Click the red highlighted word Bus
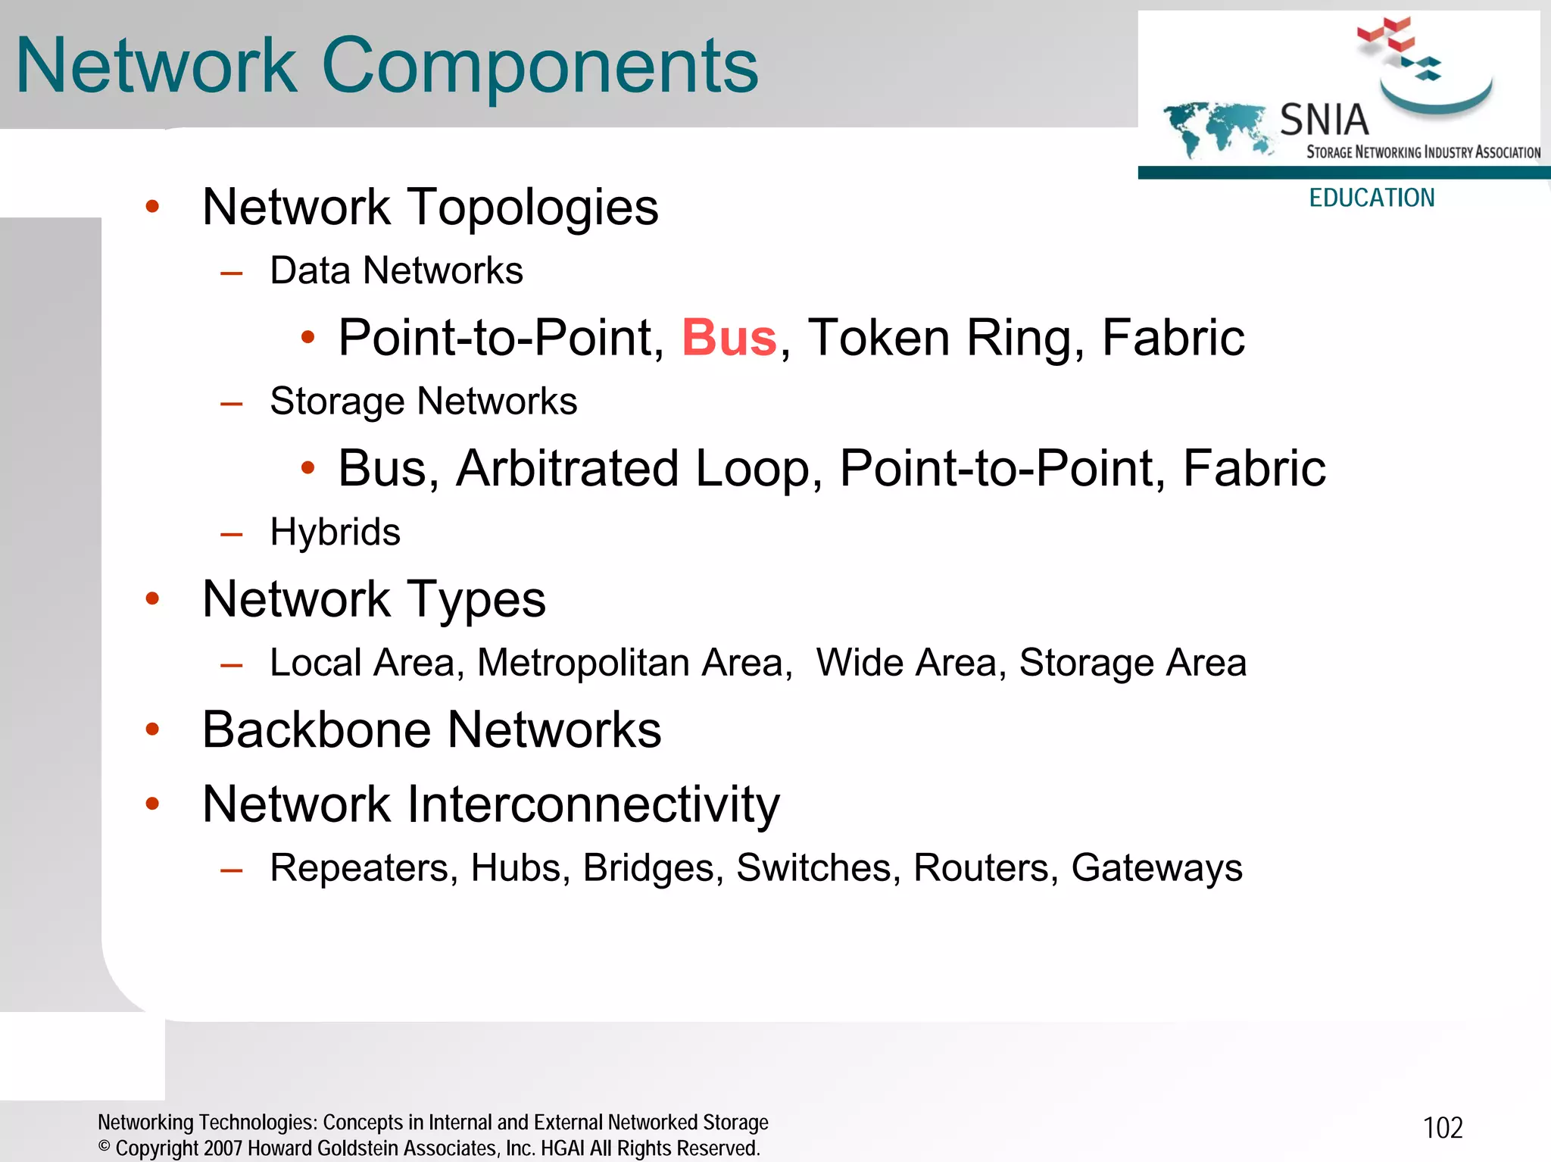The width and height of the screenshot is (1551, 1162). (x=729, y=338)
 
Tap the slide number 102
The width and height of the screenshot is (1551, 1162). (x=1443, y=1128)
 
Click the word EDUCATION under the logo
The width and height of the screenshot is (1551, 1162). (x=1372, y=198)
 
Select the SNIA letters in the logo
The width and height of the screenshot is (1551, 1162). (x=1324, y=120)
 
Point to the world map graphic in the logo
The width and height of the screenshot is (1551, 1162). (x=1216, y=127)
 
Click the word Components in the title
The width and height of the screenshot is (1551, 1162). (x=539, y=67)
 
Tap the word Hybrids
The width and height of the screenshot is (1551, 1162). (x=335, y=532)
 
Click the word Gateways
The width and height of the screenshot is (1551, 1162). (x=1156, y=868)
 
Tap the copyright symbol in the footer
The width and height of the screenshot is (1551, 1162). (x=105, y=1147)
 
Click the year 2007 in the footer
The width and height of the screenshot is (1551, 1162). (x=223, y=1148)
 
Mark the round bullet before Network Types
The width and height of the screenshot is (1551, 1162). (x=153, y=599)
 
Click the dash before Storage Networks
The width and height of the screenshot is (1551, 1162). (x=231, y=404)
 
